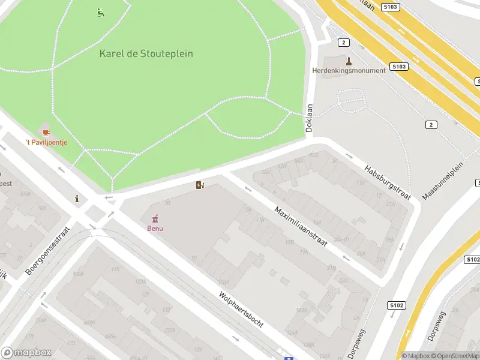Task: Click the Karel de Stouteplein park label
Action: point(146,53)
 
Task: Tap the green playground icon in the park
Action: point(100,11)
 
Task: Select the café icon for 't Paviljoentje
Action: point(46,131)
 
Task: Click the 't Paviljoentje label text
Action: point(46,142)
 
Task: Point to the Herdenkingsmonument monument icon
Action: point(348,60)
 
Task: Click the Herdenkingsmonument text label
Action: point(349,70)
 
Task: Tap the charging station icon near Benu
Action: point(200,185)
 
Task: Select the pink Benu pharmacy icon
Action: point(155,218)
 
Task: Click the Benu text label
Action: point(155,228)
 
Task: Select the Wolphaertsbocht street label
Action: point(241,309)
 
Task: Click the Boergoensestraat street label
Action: point(48,251)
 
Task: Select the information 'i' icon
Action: point(77,199)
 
